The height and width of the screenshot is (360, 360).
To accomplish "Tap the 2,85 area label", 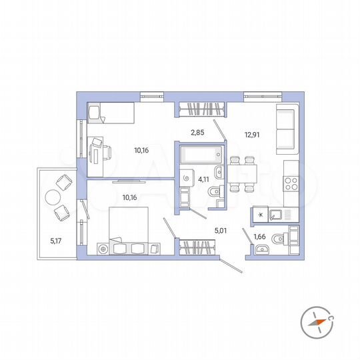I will (x=197, y=133).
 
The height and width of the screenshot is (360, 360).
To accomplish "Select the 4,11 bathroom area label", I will (x=205, y=178).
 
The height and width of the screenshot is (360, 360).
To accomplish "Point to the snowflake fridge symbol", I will (x=259, y=215).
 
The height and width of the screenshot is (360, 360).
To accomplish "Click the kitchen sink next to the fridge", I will (x=276, y=215).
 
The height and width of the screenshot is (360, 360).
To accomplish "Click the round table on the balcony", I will (x=53, y=198).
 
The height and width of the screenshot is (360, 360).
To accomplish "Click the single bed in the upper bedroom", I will (x=111, y=112).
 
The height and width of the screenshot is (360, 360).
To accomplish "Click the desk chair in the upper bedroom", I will (x=98, y=144).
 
